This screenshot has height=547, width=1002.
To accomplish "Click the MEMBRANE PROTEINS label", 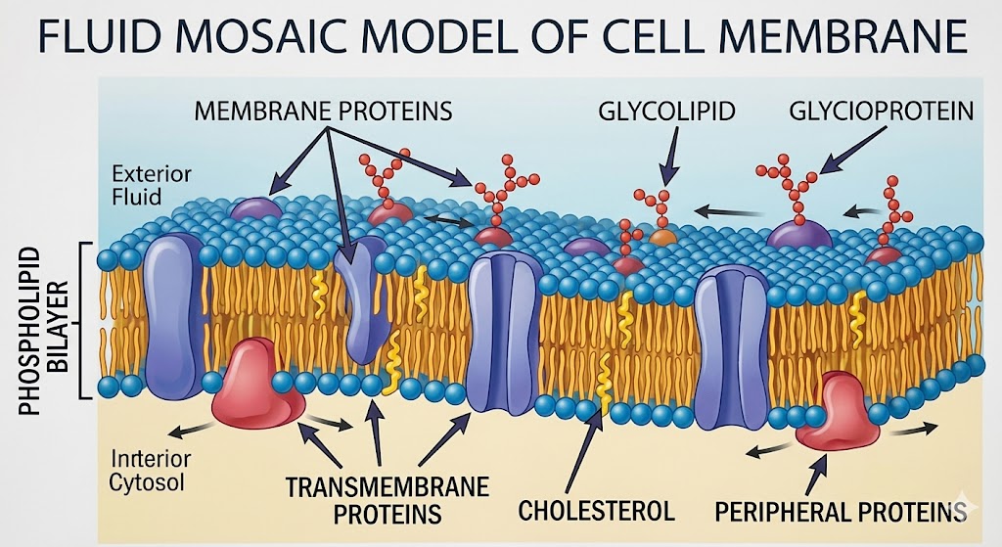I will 323,110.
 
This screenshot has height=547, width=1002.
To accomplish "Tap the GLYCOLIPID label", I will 666,110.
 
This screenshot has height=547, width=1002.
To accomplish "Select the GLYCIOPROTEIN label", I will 881,110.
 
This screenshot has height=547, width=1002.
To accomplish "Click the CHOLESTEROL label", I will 596,510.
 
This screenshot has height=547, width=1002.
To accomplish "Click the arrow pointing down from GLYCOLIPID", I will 668,158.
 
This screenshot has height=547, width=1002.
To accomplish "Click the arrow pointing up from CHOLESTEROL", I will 587,453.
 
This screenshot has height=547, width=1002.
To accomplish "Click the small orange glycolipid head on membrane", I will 662,237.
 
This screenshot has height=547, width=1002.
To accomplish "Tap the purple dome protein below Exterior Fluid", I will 254,207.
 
